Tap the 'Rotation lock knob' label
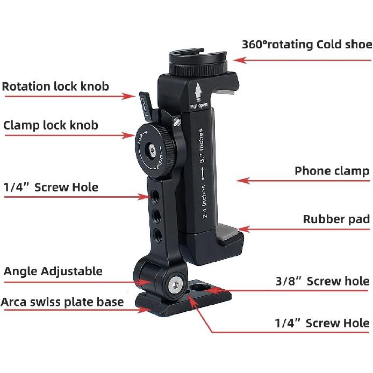click(55, 86)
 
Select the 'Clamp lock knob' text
click(51, 125)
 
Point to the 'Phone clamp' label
click(332, 171)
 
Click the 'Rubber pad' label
click(336, 219)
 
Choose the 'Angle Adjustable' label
click(53, 271)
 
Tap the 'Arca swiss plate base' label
click(62, 302)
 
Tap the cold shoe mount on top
click(199, 60)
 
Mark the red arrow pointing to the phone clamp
click(263, 181)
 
